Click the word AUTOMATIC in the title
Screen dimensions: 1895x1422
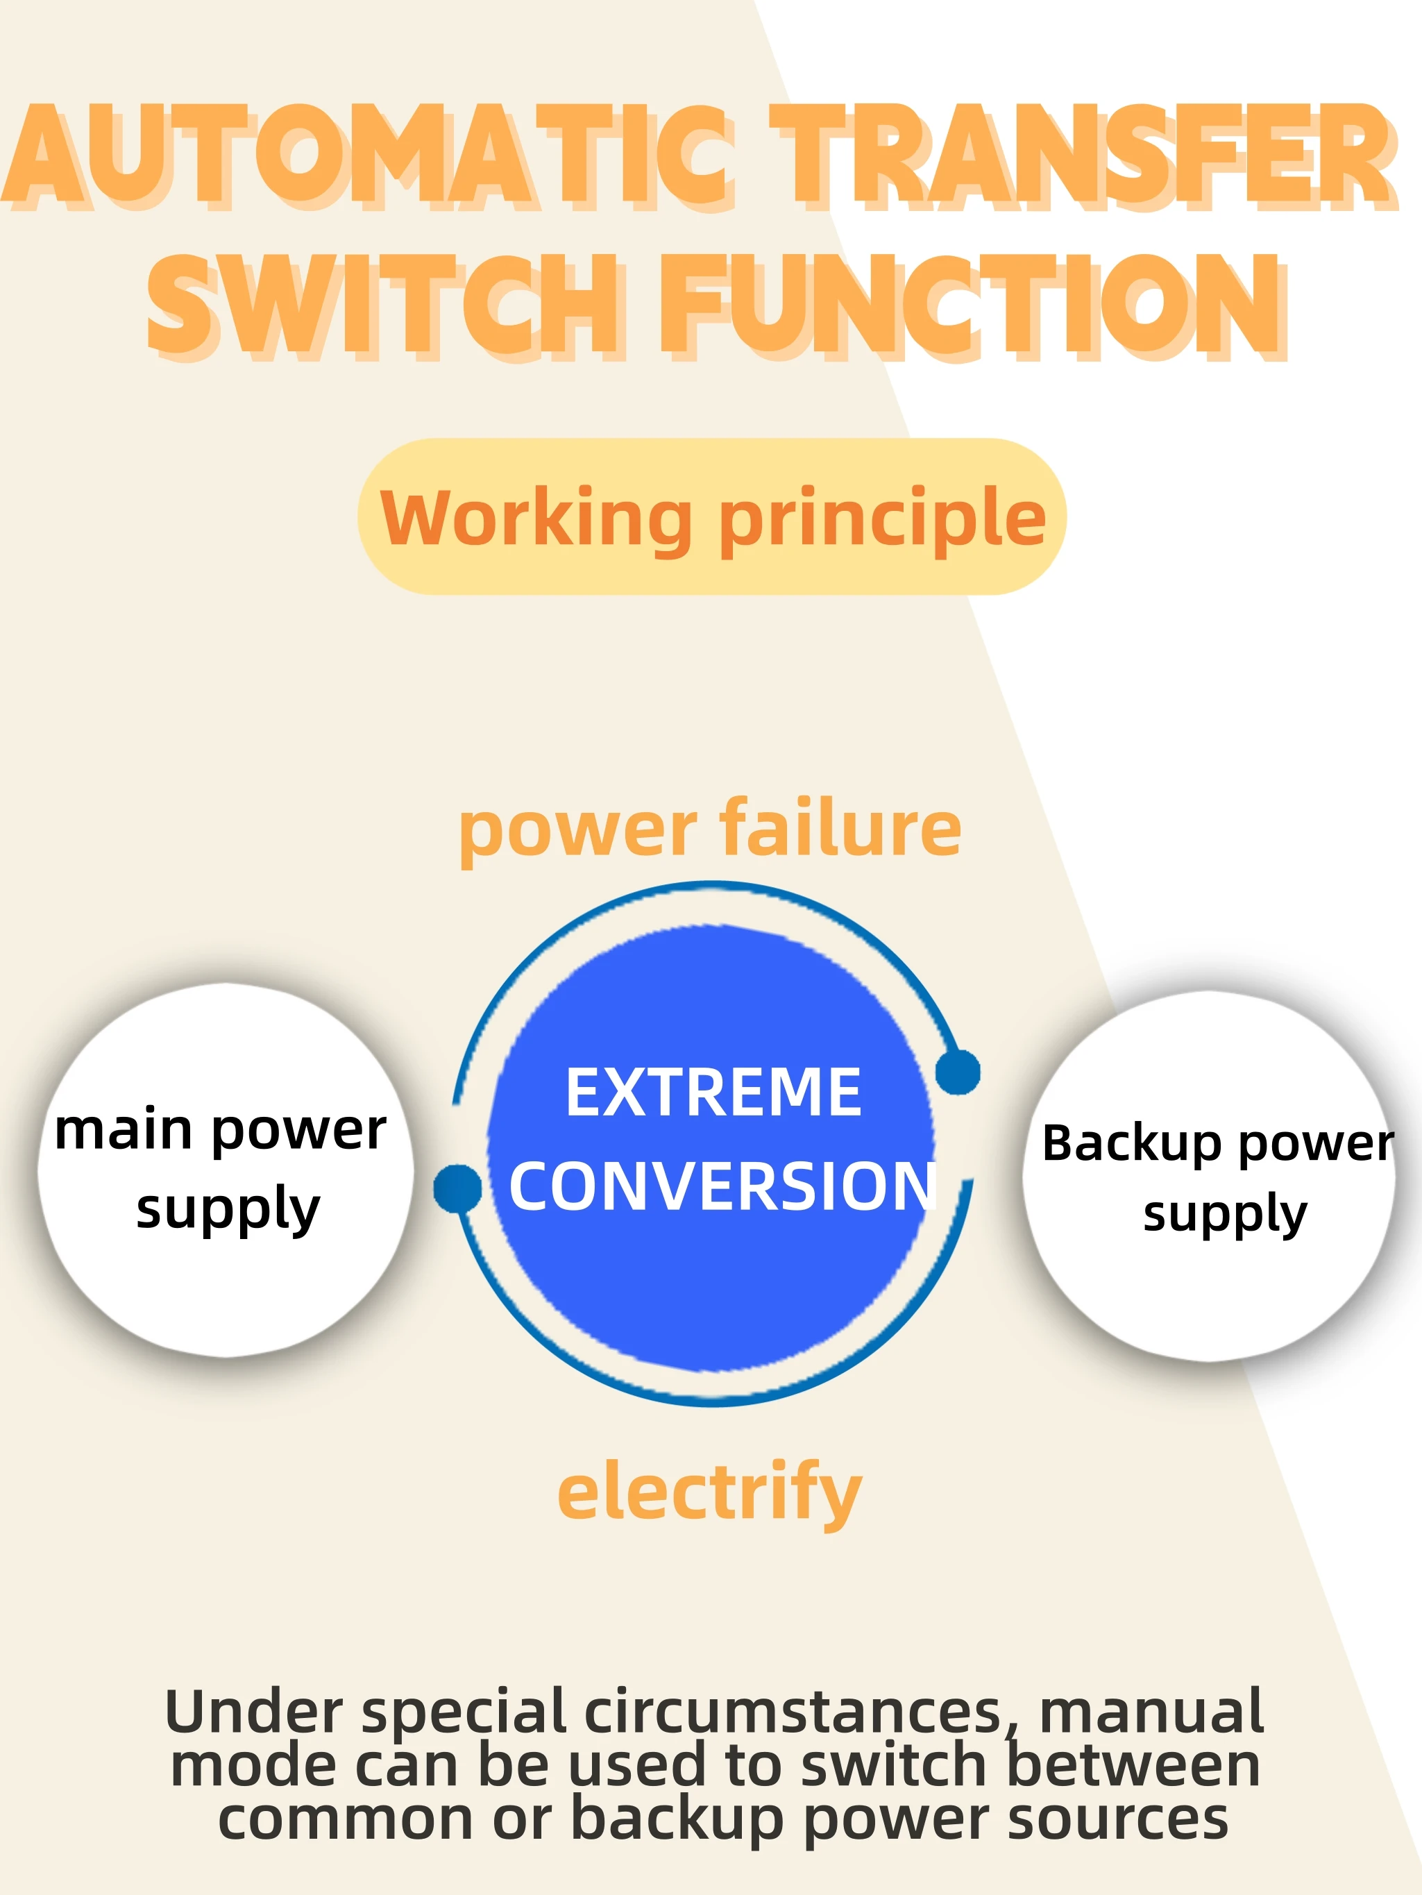[x=369, y=156]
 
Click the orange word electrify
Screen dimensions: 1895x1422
[x=709, y=1492]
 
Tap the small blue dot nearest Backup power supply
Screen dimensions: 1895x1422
[x=958, y=1072]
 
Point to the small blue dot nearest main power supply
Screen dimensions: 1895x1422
[x=457, y=1188]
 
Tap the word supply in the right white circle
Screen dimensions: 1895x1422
[x=1225, y=1215]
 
